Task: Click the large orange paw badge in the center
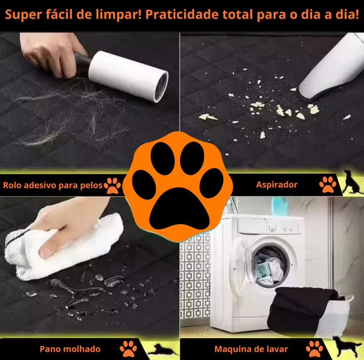pos(179,184)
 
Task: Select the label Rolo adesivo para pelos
pos(52,185)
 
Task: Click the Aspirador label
pos(276,185)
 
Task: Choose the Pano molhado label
pos(70,349)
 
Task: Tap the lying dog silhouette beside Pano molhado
pos(161,349)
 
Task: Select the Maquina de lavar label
pos(251,349)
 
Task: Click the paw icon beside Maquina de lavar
pos(314,348)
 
